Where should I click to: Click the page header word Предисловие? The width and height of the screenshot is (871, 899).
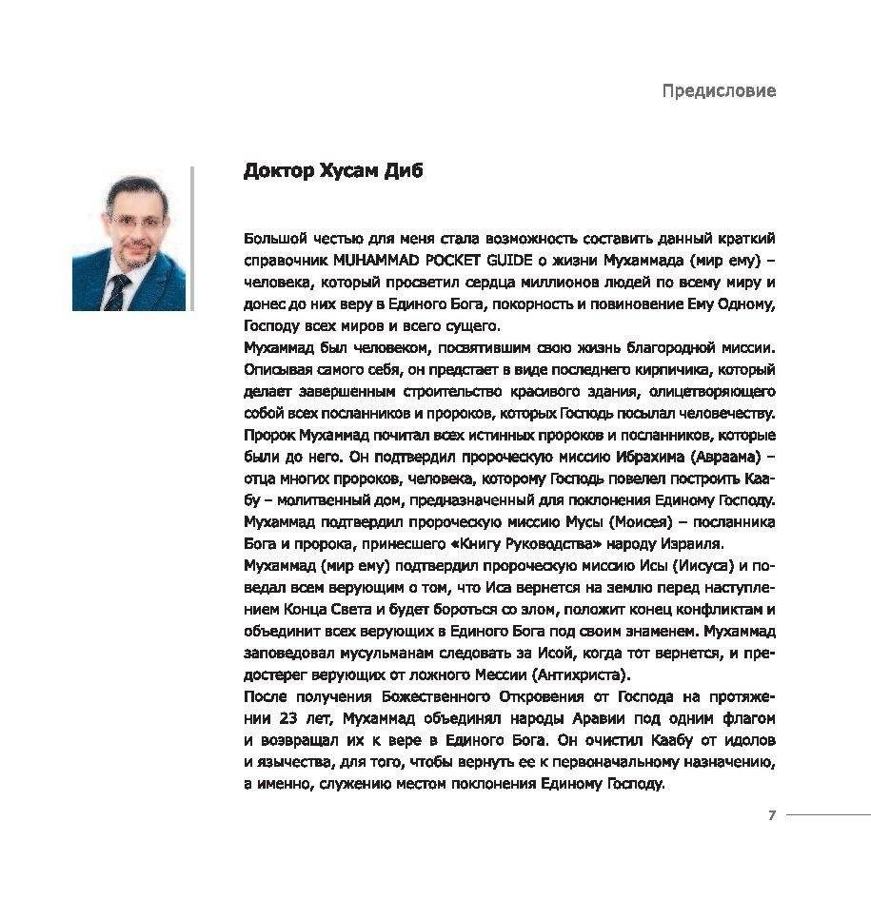[719, 91]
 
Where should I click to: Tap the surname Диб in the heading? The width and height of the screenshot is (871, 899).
[405, 171]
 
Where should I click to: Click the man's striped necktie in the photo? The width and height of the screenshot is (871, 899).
[116, 291]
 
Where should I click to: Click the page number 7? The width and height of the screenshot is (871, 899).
[772, 815]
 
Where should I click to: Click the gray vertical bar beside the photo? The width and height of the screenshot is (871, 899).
[192, 238]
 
